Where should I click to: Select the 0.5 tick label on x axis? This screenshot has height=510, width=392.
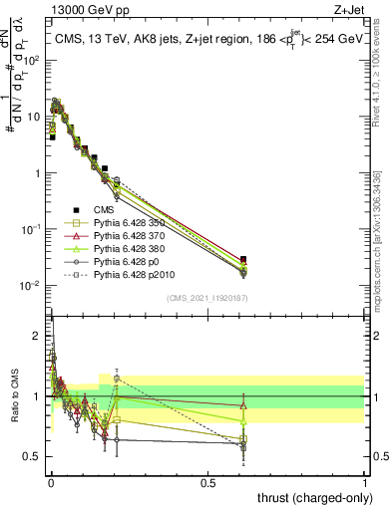coord(208,482)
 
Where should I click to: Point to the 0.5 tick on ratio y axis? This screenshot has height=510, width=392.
coord(34,456)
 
